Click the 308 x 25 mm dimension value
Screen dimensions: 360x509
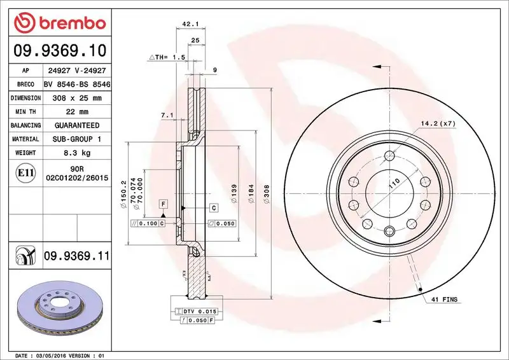[77, 98]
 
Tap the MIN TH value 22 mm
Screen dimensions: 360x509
[77, 112]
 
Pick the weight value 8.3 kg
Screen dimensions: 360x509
[77, 153]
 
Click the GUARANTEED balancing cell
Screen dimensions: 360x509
[77, 125]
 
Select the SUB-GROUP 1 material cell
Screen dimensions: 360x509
[77, 139]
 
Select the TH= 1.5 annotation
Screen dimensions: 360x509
[167, 57]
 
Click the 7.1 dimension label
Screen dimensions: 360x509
[167, 115]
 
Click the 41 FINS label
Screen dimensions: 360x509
[445, 298]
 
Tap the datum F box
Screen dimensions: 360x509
[164, 204]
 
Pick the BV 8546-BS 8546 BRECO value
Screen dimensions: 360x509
[77, 85]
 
